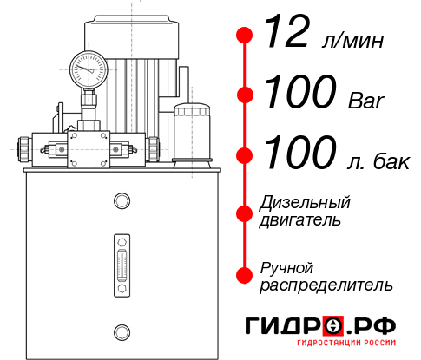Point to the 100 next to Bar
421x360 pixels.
[x=298, y=92]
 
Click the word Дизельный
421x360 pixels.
[x=305, y=203]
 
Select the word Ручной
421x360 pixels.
[x=286, y=266]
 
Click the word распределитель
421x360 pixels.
[x=326, y=284]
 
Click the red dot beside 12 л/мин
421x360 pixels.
[x=245, y=36]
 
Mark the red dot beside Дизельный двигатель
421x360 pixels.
[x=245, y=212]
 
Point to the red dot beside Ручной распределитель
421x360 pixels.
[x=245, y=275]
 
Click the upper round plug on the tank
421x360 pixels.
[x=122, y=201]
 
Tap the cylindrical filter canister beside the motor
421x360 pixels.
[x=191, y=132]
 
